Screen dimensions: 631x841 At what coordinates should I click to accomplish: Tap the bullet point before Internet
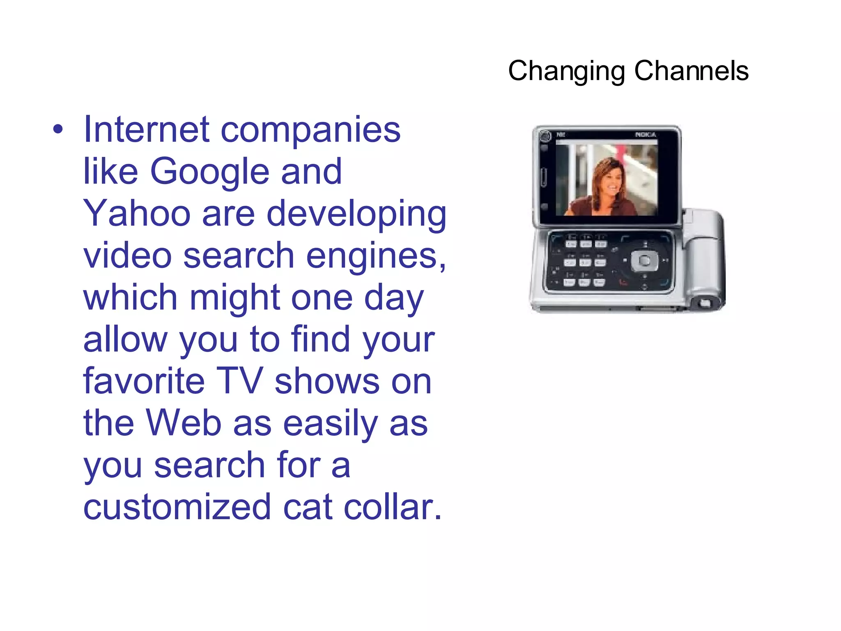point(58,130)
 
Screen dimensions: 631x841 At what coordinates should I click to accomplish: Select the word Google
point(209,172)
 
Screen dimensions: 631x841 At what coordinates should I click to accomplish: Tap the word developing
point(356,214)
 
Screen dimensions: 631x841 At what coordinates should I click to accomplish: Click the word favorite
point(144,381)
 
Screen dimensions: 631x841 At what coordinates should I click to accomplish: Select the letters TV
point(239,381)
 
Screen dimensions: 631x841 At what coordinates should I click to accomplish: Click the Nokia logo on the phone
point(646,135)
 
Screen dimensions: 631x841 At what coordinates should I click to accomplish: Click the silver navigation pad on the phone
point(645,260)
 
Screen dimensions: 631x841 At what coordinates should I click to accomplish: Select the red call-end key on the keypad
point(623,282)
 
